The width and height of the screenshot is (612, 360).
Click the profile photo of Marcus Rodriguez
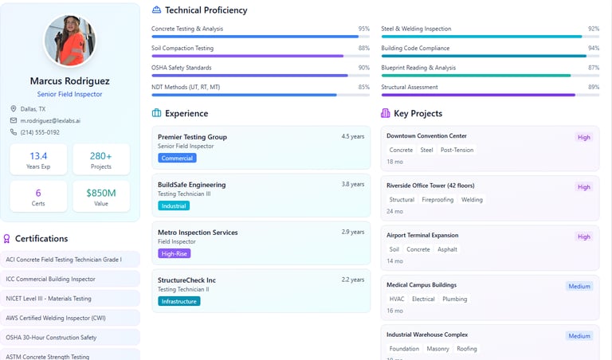tap(69, 41)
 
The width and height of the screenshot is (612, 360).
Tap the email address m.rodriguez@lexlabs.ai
tap(50, 120)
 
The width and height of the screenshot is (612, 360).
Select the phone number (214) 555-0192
tap(40, 132)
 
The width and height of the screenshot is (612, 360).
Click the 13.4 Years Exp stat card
tap(38, 159)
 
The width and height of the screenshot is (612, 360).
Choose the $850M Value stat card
tap(101, 196)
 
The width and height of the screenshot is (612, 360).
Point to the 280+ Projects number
tap(101, 156)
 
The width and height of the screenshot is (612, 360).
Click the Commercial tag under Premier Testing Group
tap(178, 158)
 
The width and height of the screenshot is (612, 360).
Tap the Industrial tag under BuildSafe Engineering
tap(174, 205)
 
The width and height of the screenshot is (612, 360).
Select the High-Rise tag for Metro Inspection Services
tap(175, 253)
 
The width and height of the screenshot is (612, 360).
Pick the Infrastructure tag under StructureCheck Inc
tap(178, 301)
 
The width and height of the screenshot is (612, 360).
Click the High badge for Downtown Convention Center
tap(584, 137)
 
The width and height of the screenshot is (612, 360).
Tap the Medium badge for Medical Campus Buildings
tap(579, 286)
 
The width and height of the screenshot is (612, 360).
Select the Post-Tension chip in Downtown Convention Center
tap(457, 150)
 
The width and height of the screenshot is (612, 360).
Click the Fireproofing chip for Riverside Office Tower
tap(438, 200)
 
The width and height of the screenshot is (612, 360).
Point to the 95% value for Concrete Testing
tap(363, 29)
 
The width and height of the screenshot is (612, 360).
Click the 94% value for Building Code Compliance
tap(593, 48)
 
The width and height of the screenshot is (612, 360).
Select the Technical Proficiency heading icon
tap(156, 10)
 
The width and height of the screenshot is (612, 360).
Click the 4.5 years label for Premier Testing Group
tap(352, 136)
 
